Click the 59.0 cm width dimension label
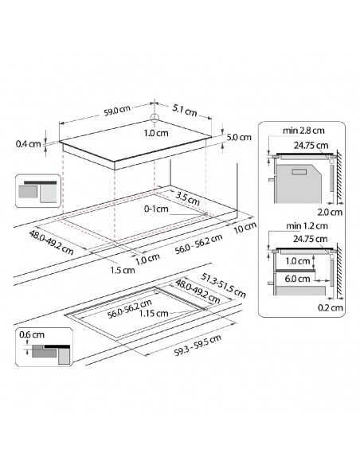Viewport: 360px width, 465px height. pos(117,111)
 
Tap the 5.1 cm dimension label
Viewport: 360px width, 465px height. pos(185,111)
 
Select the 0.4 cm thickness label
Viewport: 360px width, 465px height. pos(28,144)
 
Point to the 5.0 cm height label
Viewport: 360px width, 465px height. pos(239,137)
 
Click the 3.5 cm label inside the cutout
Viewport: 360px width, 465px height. pos(187,199)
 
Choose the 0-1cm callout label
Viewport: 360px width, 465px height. pos(156,209)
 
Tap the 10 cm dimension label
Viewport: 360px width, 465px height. pos(245,228)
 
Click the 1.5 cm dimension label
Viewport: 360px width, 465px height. pos(123,270)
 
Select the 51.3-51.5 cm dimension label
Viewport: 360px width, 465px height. pos(224,285)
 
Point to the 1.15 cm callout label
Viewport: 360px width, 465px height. pos(154,314)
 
